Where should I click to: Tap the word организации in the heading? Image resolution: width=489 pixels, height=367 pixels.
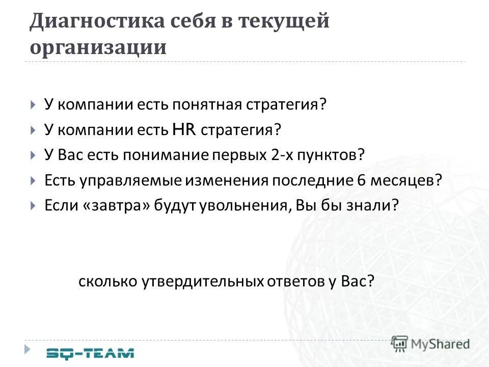(x=98, y=47)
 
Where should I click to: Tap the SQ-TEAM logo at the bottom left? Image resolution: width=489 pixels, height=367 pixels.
(x=90, y=352)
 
